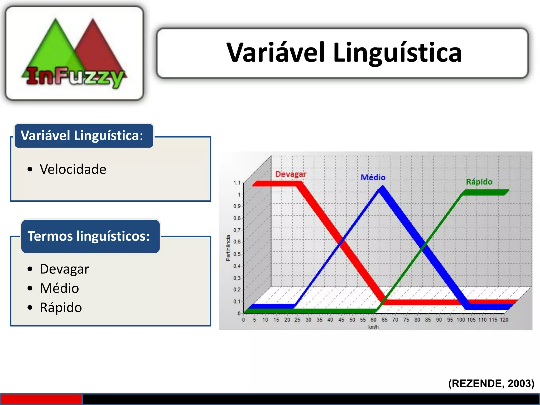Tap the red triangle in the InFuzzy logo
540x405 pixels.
tap(98, 45)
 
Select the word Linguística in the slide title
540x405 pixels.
tap(397, 53)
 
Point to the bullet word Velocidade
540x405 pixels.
tap(73, 169)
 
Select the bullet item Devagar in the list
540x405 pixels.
tap(65, 269)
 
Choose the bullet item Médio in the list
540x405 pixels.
tap(60, 288)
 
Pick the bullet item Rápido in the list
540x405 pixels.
tap(61, 308)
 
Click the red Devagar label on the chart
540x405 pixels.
tap(291, 174)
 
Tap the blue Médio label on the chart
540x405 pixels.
tap(373, 177)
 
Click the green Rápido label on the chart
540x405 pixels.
tap(479, 182)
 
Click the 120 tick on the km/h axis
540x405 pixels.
tap(504, 320)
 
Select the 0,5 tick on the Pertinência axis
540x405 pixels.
tap(237, 254)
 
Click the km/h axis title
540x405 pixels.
tap(373, 327)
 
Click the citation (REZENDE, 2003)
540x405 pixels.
tap(491, 384)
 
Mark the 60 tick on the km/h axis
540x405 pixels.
tap(373, 320)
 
